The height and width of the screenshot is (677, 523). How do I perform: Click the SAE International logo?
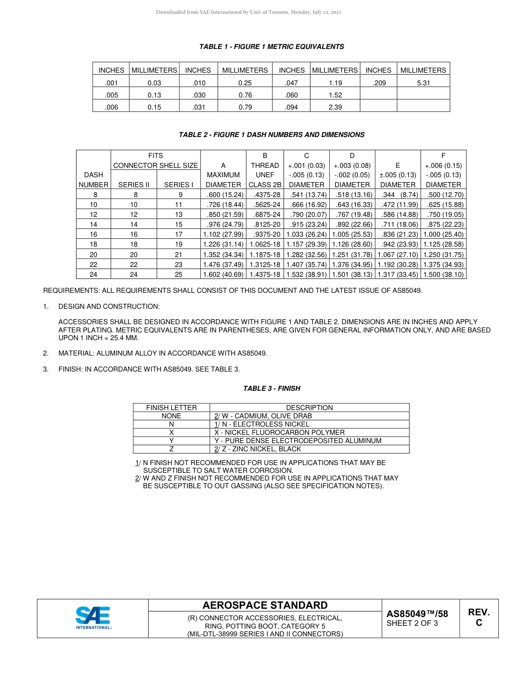93,618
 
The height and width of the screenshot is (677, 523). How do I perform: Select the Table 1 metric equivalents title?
271,47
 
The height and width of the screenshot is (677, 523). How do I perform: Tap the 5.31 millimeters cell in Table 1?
423,83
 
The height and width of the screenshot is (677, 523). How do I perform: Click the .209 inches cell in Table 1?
378,83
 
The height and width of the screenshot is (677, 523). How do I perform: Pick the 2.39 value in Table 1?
335,107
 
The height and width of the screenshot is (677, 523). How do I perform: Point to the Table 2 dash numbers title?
271,135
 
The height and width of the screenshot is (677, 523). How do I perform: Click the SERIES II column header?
134,185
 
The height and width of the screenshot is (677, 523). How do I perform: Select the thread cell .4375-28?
265,195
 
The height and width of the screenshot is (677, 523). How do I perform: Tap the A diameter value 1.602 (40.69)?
223,274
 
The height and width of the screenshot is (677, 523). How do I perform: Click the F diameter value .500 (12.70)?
443,195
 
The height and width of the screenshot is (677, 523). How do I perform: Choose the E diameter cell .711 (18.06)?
397,225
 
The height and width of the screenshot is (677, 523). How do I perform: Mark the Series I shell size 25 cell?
178,274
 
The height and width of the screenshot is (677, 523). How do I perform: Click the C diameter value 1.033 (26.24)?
307,234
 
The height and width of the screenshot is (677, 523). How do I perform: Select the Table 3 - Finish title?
271,389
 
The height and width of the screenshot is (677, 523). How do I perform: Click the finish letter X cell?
171,433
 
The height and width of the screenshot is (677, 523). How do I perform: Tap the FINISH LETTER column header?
171,408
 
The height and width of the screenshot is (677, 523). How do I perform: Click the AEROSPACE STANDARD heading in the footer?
265,605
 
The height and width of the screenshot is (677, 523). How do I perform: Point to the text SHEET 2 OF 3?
412,624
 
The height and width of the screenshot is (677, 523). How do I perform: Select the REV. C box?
478,618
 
